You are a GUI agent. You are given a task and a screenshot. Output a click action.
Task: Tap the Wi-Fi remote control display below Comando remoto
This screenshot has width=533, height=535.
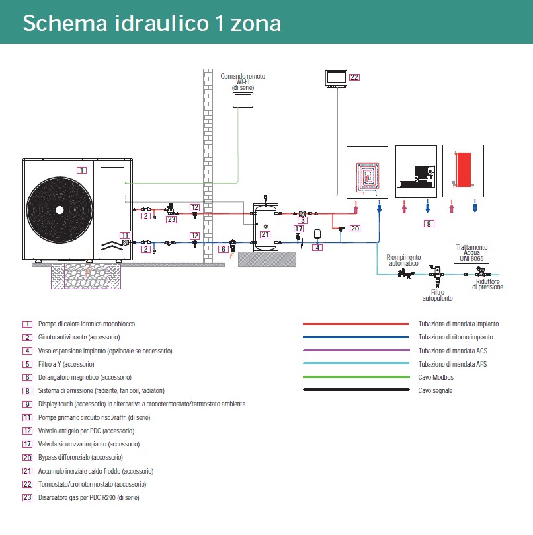(242, 100)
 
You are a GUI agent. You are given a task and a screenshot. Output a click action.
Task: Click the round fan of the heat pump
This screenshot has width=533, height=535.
(60, 209)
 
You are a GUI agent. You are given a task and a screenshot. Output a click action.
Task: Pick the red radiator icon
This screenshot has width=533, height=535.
(464, 170)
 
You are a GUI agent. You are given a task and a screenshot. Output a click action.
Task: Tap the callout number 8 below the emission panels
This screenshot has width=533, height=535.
(429, 224)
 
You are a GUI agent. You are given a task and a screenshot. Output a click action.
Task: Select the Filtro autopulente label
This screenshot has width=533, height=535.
(438, 295)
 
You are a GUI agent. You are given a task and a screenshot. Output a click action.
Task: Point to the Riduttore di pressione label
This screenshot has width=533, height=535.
(487, 284)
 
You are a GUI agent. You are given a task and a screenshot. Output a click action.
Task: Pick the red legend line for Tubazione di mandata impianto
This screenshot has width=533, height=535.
(355, 324)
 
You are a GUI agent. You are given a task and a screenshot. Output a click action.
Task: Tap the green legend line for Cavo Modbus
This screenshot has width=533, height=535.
(355, 377)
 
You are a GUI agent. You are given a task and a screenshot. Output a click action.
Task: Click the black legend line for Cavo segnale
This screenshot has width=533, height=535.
(355, 390)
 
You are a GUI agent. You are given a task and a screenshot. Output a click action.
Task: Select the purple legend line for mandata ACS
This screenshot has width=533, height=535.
(355, 351)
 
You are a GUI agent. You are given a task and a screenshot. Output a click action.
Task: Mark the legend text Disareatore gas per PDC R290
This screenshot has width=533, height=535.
(89, 497)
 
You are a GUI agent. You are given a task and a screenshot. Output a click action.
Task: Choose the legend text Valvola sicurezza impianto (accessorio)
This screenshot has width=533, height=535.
(89, 444)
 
